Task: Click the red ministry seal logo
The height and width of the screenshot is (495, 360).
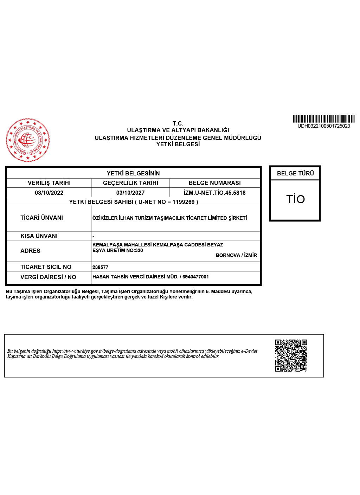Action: (x=28, y=140)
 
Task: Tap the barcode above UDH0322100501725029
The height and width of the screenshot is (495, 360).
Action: (x=323, y=119)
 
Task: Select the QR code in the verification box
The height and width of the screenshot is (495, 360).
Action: (x=291, y=355)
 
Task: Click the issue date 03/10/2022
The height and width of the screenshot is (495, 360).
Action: (x=49, y=193)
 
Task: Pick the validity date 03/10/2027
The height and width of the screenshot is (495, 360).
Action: (x=130, y=193)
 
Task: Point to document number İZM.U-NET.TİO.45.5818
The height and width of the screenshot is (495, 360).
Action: (x=214, y=193)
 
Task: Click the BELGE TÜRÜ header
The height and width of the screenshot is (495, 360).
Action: (x=295, y=173)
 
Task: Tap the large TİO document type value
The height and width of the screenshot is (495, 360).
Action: (x=295, y=199)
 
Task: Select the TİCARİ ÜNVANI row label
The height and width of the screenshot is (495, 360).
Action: (x=41, y=218)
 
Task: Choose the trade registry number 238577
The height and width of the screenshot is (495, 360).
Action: (x=100, y=267)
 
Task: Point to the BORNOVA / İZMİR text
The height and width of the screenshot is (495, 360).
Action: (x=236, y=255)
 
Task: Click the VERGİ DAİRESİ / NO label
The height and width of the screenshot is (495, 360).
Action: (x=48, y=277)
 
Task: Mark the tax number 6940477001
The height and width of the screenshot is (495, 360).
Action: (x=195, y=277)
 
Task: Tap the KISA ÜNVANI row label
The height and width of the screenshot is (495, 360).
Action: (x=39, y=236)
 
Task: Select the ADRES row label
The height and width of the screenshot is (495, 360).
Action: (x=30, y=251)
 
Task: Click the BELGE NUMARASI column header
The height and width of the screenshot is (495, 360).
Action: (x=214, y=183)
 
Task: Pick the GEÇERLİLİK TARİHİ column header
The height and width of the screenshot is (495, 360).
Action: (x=130, y=183)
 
